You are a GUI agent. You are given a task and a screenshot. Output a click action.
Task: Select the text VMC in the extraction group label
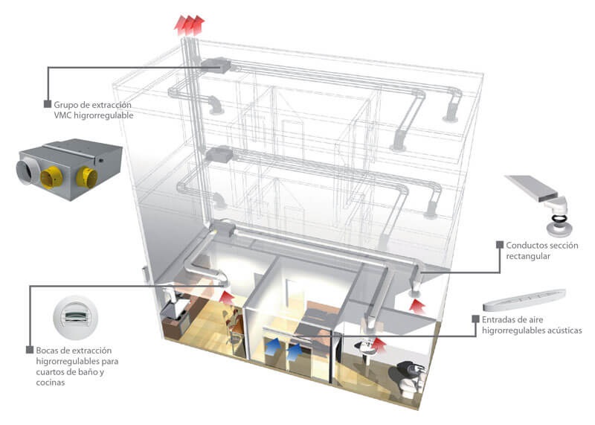pos(65,115)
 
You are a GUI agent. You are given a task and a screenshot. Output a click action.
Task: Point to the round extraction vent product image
pos(76,316)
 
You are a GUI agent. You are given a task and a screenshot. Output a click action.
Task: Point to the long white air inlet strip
pos(521,299)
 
